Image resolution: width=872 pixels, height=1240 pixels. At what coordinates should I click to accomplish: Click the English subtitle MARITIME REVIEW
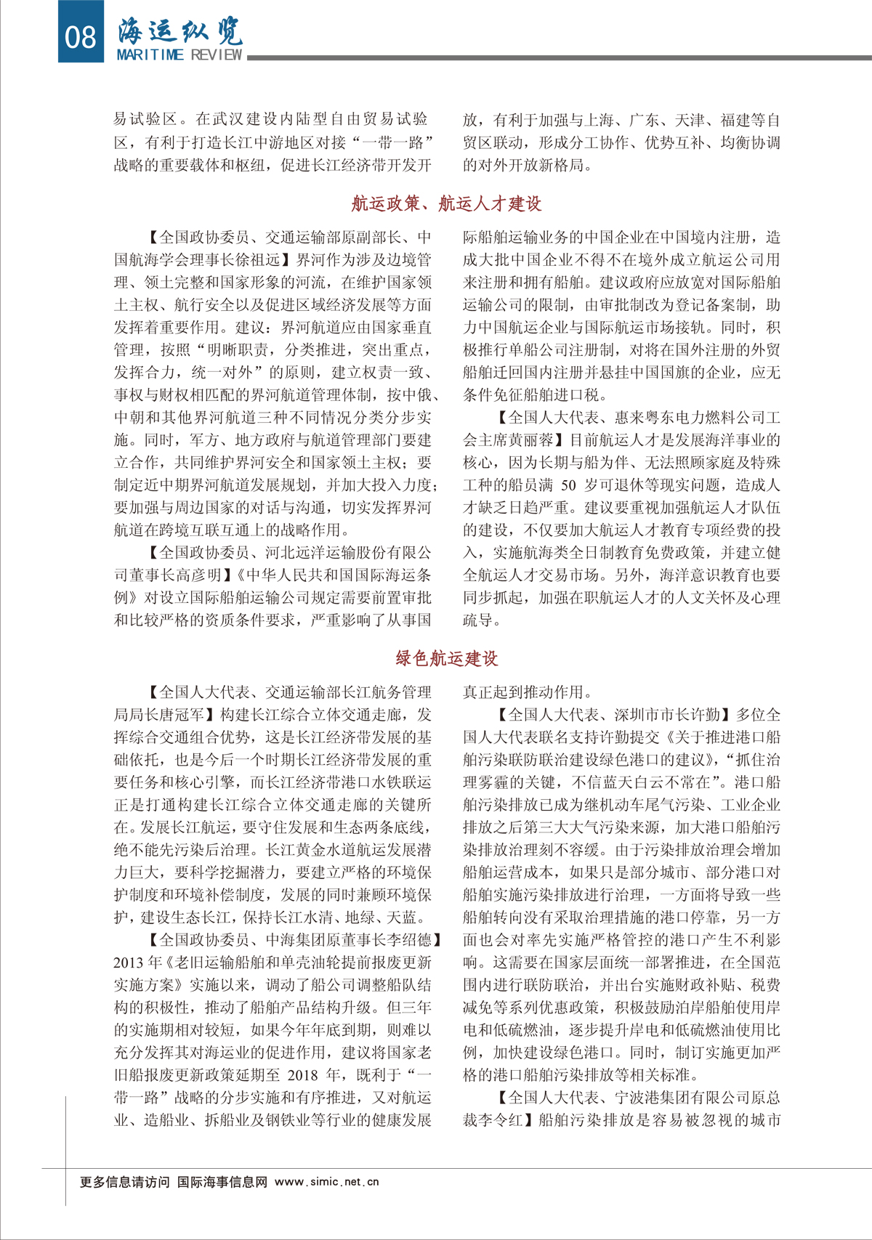click(179, 55)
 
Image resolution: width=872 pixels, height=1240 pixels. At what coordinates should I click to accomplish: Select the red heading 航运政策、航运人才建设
click(446, 204)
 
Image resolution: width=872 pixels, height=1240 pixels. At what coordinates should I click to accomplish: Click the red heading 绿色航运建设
click(446, 659)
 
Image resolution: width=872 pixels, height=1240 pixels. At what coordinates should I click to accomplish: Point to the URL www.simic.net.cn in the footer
click(327, 1182)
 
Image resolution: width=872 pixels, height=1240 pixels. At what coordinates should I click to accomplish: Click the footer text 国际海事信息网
click(222, 1182)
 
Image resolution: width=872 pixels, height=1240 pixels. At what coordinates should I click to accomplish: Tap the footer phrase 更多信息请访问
click(124, 1182)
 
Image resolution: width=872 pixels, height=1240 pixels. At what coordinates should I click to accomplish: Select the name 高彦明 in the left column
click(198, 575)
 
